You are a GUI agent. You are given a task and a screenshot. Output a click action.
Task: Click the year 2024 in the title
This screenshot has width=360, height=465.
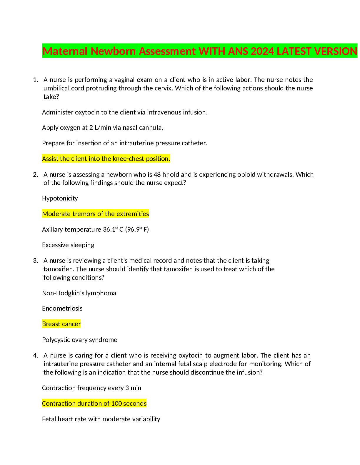click(x=262, y=51)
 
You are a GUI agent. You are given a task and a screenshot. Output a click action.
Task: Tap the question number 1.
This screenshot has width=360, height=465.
click(x=35, y=80)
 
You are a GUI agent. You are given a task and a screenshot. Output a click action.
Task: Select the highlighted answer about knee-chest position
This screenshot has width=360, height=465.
click(x=106, y=159)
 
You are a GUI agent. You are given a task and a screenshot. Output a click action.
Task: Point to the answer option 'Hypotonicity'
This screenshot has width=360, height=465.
click(x=60, y=198)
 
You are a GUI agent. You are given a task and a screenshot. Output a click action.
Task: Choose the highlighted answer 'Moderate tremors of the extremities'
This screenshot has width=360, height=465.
click(x=95, y=214)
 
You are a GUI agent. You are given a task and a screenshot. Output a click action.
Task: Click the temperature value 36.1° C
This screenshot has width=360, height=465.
click(x=113, y=229)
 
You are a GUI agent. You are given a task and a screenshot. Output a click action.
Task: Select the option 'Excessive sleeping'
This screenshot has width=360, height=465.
click(x=68, y=245)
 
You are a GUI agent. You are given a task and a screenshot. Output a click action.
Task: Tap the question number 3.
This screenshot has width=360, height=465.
click(x=35, y=260)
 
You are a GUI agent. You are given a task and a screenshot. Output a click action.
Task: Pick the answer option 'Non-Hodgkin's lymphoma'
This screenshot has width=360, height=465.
click(x=79, y=293)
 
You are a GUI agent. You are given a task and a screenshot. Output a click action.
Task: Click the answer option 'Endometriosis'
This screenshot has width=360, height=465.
click(x=62, y=308)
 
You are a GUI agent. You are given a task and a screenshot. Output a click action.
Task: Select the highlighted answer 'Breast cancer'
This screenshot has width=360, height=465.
click(x=61, y=324)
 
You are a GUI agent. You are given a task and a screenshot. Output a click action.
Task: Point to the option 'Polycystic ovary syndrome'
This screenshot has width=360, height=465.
click(x=79, y=340)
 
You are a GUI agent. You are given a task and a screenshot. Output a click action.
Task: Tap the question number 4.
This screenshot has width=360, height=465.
click(x=35, y=356)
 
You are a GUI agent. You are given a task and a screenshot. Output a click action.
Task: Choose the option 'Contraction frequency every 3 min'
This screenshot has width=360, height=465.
click(x=91, y=388)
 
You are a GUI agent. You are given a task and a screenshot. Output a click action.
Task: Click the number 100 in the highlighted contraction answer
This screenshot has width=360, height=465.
click(x=117, y=404)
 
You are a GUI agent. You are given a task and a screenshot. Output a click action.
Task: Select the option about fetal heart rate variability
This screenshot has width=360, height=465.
click(x=101, y=419)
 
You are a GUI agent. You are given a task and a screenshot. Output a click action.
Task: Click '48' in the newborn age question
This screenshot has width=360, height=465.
click(x=157, y=175)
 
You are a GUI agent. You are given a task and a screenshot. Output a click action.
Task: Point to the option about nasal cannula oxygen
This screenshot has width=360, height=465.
click(x=102, y=128)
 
